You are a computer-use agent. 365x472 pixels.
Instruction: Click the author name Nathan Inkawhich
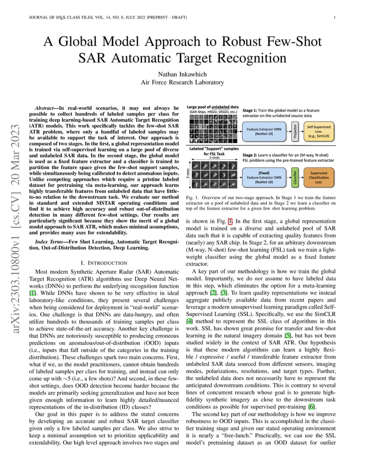tap(182, 74)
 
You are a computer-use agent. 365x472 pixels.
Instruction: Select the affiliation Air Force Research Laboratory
tap(182, 82)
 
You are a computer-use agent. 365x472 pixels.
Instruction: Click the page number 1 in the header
tap(335, 18)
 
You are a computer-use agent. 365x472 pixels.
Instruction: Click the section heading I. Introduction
tap(104, 263)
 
